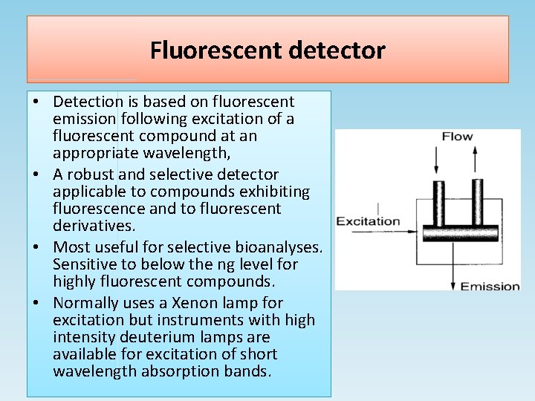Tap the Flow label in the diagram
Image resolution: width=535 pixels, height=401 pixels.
[457, 137]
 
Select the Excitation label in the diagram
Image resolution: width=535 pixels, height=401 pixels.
[368, 221]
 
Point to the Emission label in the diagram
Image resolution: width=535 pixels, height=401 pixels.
[490, 286]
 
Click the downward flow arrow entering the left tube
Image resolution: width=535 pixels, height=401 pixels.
[437, 158]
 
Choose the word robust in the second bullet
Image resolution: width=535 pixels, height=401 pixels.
[91, 175]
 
